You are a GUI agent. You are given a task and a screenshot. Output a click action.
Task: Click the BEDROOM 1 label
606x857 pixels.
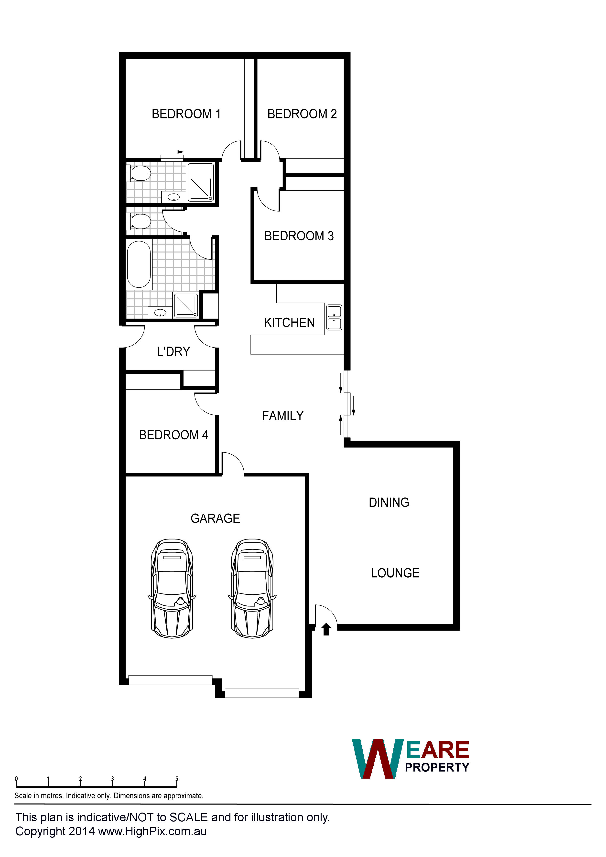(x=186, y=114)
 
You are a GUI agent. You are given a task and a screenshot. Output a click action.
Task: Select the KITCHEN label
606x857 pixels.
(x=289, y=322)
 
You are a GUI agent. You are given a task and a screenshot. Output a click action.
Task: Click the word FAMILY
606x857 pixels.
(x=283, y=415)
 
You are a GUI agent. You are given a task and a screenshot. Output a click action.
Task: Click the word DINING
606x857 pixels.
(x=389, y=502)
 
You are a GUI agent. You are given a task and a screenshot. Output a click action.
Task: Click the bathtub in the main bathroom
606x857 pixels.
(x=139, y=264)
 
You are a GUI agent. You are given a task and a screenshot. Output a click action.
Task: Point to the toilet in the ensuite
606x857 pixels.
(x=139, y=173)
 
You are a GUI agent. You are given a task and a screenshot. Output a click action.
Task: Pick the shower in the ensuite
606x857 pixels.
(x=201, y=182)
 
